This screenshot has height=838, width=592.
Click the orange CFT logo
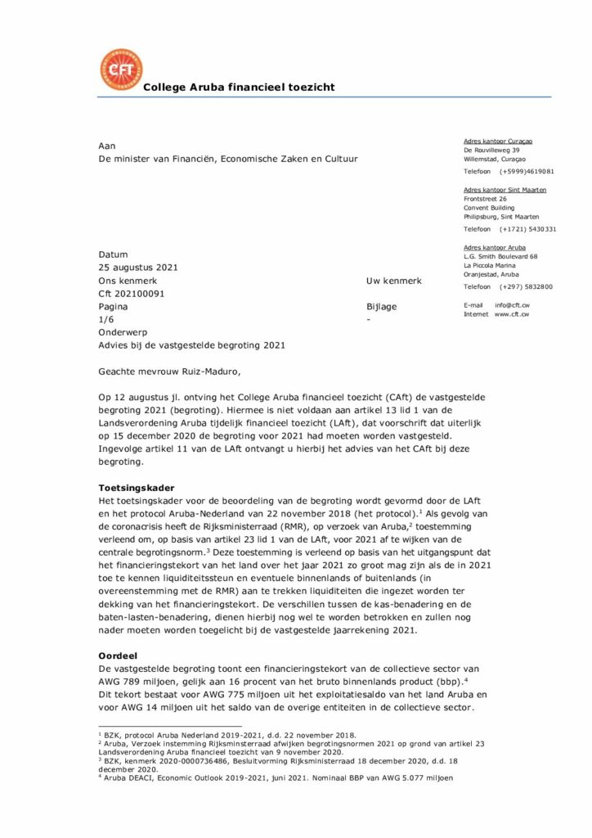[x=119, y=70]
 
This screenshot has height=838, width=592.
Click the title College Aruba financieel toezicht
[x=239, y=88]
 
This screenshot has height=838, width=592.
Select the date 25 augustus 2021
[x=138, y=268]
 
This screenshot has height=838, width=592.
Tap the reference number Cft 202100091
[x=132, y=293]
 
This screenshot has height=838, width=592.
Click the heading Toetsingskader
[x=135, y=488]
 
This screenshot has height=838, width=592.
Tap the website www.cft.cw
[x=511, y=314]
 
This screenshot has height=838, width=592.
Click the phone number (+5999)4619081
[x=527, y=172]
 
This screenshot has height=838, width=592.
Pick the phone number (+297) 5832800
[x=526, y=286]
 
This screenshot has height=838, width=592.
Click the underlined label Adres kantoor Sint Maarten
[x=505, y=190]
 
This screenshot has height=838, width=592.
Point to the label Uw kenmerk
[x=394, y=281]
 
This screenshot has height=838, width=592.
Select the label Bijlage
[x=382, y=306]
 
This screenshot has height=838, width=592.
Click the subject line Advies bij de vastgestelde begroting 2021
[x=191, y=345]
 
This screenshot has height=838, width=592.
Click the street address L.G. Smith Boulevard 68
[x=500, y=256]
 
